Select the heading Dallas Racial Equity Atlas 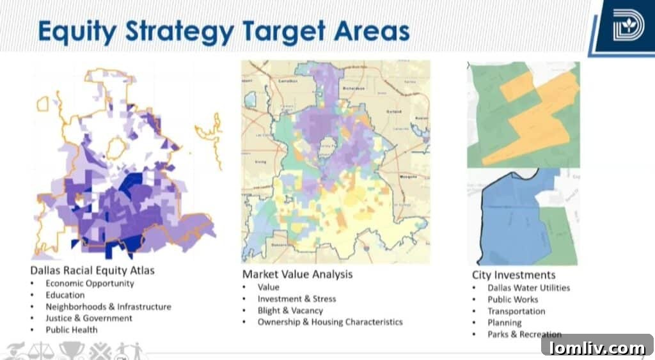[x=92, y=270]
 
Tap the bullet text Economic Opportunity [x=90, y=283]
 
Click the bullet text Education [x=65, y=295]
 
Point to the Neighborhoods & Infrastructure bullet [x=108, y=306]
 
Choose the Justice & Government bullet [x=89, y=318]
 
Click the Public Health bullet [x=71, y=330]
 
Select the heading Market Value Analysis [x=297, y=274]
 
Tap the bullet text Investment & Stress [x=296, y=299]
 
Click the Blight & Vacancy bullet [x=290, y=310]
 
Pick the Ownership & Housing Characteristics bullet [x=330, y=322]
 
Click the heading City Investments [x=513, y=276]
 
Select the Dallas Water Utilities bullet [x=528, y=288]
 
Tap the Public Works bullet [x=512, y=299]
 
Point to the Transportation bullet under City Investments [x=516, y=311]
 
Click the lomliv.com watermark [x=597, y=348]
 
